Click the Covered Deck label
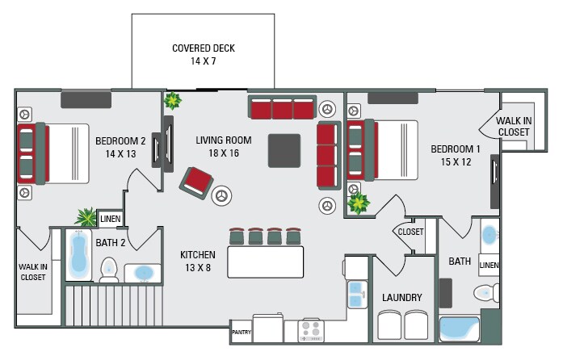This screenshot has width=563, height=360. pyautogui.click(x=203, y=48)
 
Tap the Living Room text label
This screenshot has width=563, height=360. pyautogui.click(x=224, y=140)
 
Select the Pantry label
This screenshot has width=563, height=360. pyautogui.click(x=241, y=332)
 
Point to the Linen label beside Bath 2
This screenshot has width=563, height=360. pyautogui.click(x=109, y=219)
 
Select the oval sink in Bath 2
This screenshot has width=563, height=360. pyautogui.click(x=145, y=273)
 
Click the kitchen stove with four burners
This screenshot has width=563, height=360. pyautogui.click(x=311, y=329)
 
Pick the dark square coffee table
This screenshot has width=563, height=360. pyautogui.click(x=287, y=149)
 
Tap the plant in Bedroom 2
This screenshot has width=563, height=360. pyautogui.click(x=86, y=216)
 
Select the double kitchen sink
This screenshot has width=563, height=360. pyautogui.click(x=355, y=293)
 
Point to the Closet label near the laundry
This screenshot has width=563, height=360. pyautogui.click(x=411, y=232)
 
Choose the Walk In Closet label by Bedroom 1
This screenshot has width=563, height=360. pyautogui.click(x=514, y=126)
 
